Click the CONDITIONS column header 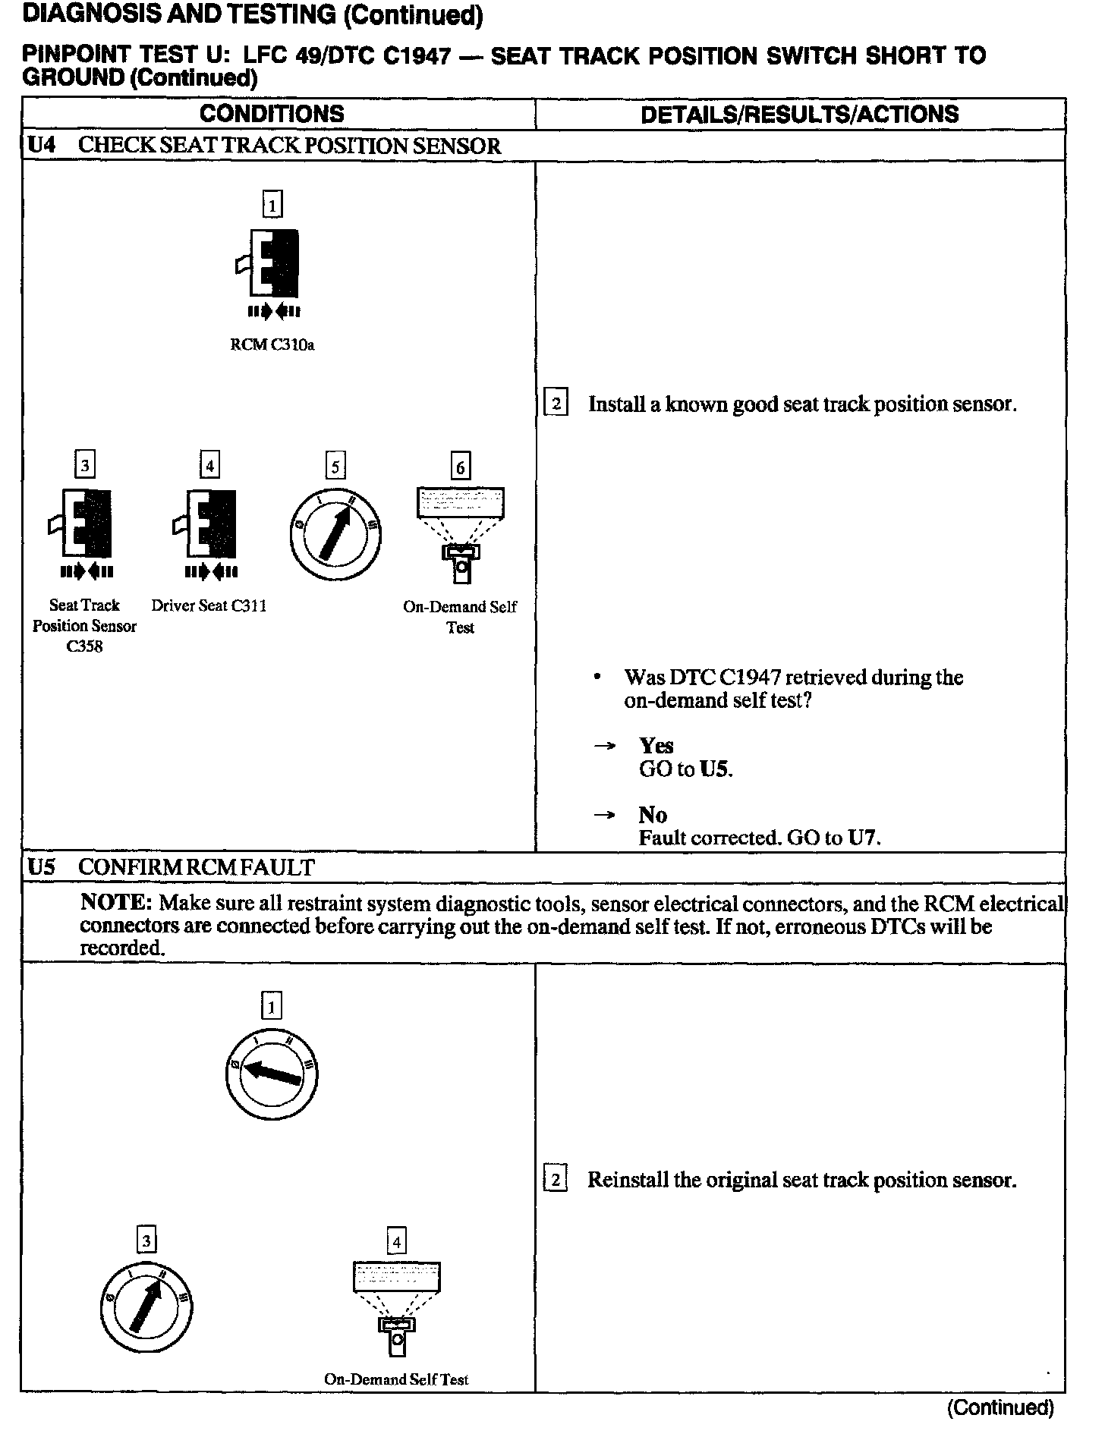click(272, 115)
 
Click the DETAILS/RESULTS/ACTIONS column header click(799, 115)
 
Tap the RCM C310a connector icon click(271, 263)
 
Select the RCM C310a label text click(272, 345)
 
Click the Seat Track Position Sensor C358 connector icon click(83, 524)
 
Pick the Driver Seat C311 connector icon click(209, 524)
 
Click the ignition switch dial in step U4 click(335, 536)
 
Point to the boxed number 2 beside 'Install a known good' click(556, 403)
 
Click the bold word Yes click(656, 746)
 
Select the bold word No click(653, 815)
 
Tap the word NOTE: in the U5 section click(117, 904)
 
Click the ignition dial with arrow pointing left click(271, 1074)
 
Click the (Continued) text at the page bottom click(1000, 1408)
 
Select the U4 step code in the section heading click(42, 146)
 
